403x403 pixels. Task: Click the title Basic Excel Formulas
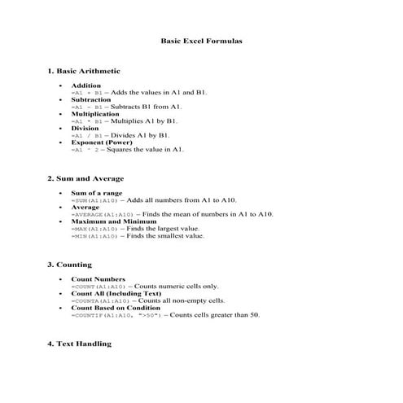pyautogui.click(x=201, y=40)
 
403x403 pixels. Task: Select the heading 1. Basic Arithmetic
pyautogui.click(x=83, y=72)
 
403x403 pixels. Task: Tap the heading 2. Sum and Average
pyautogui.click(x=85, y=178)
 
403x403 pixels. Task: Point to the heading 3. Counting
pyautogui.click(x=69, y=265)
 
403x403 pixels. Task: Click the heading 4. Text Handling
pyautogui.click(x=79, y=344)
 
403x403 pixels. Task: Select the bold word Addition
pyautogui.click(x=86, y=85)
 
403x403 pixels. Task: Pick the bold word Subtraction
pyautogui.click(x=90, y=99)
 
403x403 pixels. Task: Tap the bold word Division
pyautogui.click(x=85, y=129)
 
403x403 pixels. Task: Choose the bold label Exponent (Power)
pyautogui.click(x=101, y=142)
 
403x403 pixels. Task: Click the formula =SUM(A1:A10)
pyautogui.click(x=95, y=199)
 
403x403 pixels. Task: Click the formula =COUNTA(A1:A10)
pyautogui.click(x=99, y=300)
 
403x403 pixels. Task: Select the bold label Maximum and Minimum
pyautogui.click(x=113, y=221)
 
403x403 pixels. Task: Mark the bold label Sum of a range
pyautogui.click(x=97, y=193)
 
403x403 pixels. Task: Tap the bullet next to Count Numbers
pyautogui.click(x=61, y=279)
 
